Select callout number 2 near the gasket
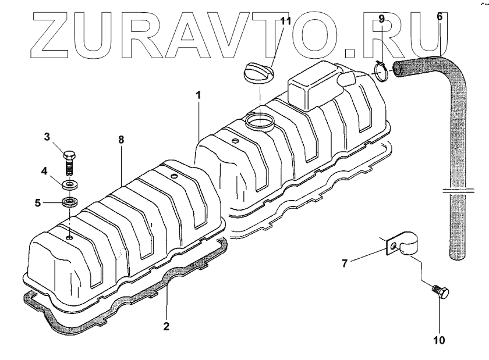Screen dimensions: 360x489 (166, 326)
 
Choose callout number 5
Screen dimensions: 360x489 (38, 204)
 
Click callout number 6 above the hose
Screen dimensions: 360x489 (439, 17)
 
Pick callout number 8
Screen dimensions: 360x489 (121, 140)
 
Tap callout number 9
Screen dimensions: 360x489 (381, 19)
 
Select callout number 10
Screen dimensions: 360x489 (439, 340)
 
